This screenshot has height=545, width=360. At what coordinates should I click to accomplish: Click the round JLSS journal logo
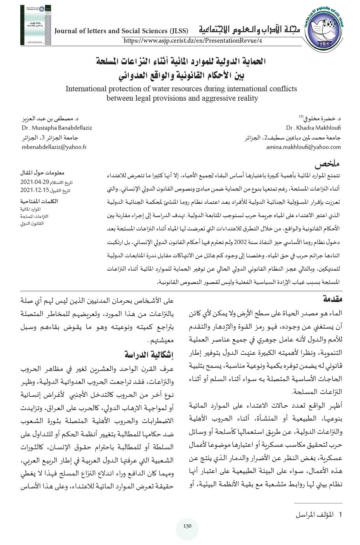pos(324,29)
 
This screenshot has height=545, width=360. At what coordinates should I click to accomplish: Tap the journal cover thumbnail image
pos(36,25)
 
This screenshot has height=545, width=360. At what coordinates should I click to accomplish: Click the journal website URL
pos(193,41)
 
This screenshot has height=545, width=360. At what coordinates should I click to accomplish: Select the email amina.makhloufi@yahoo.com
pos(303,147)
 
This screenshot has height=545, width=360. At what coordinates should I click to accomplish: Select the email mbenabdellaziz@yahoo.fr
pos(54,147)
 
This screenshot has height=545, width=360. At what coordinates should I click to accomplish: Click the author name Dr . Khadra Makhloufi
pos(313,128)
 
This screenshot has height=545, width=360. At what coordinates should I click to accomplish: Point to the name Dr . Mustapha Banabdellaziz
pos(57,128)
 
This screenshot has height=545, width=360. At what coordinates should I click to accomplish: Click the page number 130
pos(188,526)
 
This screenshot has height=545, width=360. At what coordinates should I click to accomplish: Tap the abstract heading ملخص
pos(327,164)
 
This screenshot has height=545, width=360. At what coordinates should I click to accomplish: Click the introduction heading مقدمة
pos(332,299)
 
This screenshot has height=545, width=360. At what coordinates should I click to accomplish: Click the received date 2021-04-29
pos(35,182)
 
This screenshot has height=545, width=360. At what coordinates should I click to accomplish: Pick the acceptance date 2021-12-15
pos(35,191)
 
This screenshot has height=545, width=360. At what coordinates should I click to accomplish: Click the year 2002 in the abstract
pos(240,242)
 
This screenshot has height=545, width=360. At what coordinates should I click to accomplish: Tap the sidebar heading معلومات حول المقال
pos(42,173)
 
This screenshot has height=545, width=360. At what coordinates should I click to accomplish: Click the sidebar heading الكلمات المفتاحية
pos(39,201)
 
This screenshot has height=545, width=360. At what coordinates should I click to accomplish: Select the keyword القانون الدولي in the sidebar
pos(32,223)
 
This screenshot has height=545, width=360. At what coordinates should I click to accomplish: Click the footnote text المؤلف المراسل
pos(315,515)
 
